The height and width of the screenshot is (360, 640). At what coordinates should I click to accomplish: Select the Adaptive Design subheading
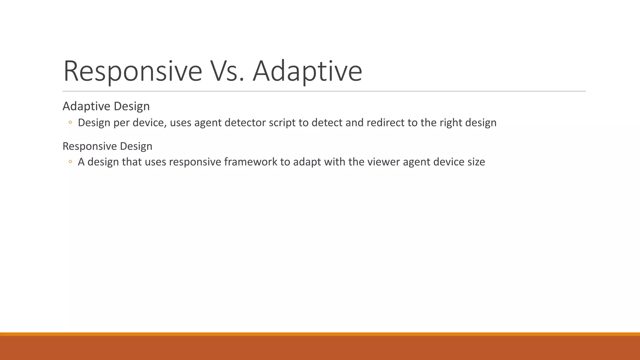pos(106,106)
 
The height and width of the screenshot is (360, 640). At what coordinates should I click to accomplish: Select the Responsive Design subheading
pos(107,146)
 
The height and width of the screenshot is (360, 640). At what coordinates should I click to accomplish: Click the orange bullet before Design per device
pos(70,122)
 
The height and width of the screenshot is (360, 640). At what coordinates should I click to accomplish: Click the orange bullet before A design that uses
pos(70,162)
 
